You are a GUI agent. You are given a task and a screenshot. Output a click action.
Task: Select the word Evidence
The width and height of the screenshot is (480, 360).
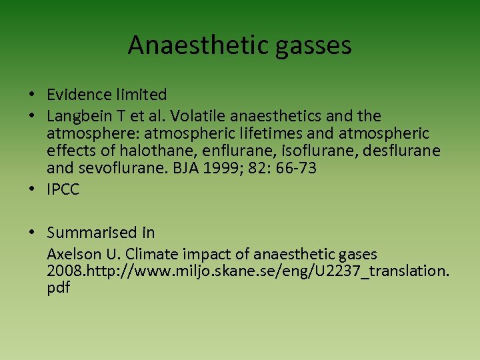[x=77, y=95]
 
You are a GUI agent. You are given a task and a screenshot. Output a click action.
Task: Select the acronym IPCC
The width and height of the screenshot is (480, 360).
[x=63, y=190]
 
